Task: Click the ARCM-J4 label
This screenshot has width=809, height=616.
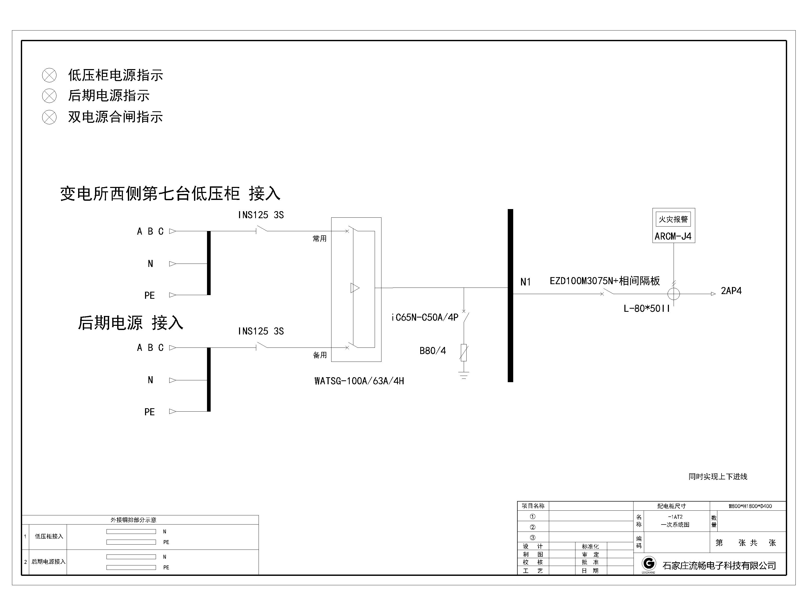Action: click(673, 236)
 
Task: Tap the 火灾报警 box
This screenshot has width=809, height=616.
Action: click(673, 219)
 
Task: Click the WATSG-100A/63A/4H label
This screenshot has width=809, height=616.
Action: click(359, 381)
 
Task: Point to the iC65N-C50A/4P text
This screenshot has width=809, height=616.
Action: click(425, 318)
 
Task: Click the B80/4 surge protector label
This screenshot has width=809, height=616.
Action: click(432, 351)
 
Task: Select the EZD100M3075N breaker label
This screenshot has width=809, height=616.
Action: click(605, 281)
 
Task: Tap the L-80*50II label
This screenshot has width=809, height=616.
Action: click(647, 309)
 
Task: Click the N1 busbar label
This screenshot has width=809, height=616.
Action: click(525, 282)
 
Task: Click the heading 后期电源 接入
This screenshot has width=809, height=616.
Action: click(130, 323)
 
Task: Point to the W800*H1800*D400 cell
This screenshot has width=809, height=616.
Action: click(748, 506)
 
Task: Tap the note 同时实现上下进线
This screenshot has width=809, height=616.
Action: click(718, 477)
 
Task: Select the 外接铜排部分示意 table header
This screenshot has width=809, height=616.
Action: click(133, 520)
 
